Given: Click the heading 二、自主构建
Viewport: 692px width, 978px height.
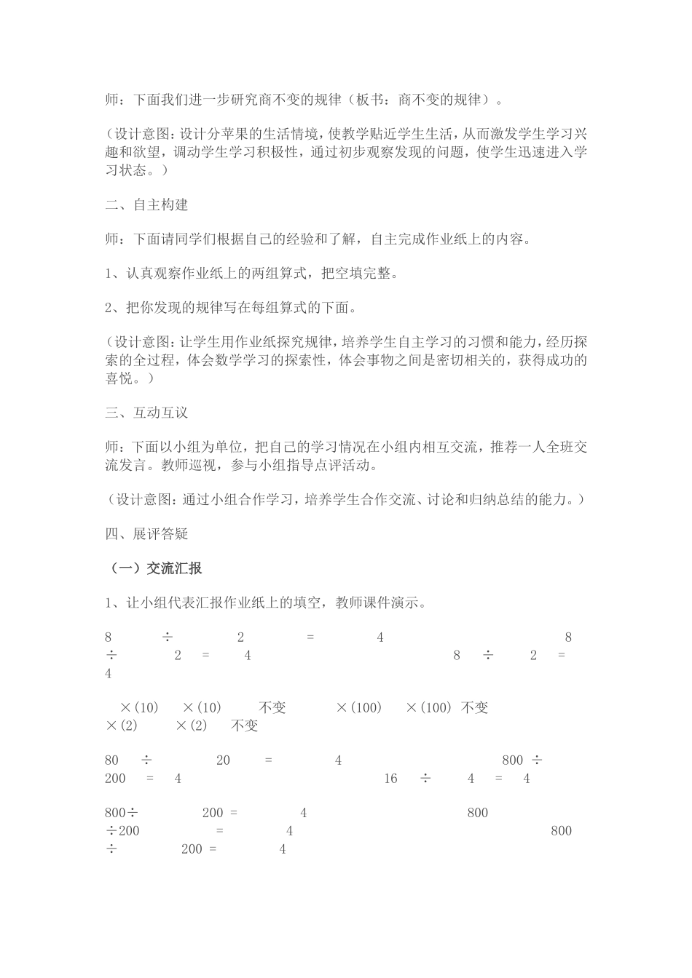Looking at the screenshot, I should click(146, 205).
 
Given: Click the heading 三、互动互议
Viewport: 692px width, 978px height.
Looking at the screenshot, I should click(146, 413).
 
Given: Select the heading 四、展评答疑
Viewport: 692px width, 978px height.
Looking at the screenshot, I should click(146, 534).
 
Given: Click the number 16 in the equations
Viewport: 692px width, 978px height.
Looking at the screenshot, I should click(390, 779).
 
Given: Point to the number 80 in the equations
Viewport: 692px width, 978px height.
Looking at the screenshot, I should click(111, 760).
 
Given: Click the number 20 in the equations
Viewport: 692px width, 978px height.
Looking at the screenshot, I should click(223, 760).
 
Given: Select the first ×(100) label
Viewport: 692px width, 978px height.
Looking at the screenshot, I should click(359, 708).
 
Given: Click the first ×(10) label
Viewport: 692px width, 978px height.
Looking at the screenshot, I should click(139, 708).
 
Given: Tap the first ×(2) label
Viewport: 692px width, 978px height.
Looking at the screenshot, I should click(122, 725).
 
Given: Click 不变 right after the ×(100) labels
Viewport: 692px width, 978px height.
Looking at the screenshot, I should click(475, 708).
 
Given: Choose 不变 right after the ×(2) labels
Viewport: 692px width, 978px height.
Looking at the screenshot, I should click(245, 725).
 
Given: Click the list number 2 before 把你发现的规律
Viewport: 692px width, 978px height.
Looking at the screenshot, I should click(109, 309).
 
